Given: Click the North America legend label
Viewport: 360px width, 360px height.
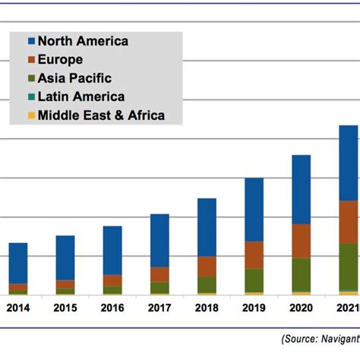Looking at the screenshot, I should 83,41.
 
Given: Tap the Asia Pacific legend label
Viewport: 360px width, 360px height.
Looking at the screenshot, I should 74,78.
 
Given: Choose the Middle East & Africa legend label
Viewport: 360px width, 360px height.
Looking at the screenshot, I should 100,115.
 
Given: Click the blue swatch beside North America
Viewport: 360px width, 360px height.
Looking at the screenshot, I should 31,41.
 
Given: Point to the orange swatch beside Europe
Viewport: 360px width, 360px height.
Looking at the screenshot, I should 31,60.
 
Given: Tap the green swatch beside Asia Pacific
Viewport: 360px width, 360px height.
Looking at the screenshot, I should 31,78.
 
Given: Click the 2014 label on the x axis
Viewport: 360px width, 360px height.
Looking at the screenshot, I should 18,309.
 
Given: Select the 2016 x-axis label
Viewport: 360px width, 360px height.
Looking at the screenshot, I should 112,309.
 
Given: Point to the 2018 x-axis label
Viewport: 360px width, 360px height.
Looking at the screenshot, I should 207,309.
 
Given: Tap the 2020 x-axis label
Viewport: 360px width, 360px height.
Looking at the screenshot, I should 301,309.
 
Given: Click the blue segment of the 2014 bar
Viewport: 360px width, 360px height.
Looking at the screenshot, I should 18,263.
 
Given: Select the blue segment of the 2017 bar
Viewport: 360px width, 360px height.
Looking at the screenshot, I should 159,240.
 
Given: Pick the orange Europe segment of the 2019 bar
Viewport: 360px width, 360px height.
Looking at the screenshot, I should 254,254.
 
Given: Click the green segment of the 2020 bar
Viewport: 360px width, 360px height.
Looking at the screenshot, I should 301,274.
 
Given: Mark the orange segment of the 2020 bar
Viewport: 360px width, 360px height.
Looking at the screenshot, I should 301,241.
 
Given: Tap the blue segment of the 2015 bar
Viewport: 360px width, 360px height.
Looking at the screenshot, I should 65,257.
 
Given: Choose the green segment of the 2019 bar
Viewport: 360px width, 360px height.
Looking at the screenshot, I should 254,279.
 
